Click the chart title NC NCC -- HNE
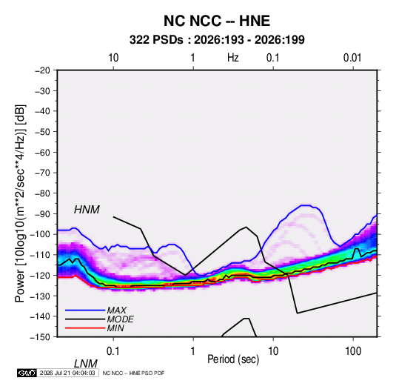(217, 21)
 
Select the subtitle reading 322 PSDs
(156, 40)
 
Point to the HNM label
(87, 210)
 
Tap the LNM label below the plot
(86, 364)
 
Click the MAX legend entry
(116, 310)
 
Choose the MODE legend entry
(120, 319)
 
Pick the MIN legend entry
(115, 328)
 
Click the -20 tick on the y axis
(42, 70)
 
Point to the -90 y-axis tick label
(42, 213)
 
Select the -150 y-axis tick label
(40, 337)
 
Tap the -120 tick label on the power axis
(40, 275)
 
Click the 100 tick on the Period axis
(353, 351)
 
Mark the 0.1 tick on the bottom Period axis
(113, 351)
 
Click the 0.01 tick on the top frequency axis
(352, 58)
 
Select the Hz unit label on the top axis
(233, 58)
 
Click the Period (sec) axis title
(233, 359)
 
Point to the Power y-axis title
(20, 204)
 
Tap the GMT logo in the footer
(27, 373)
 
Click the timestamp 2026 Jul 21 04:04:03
(67, 373)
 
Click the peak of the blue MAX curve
(305, 205)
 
